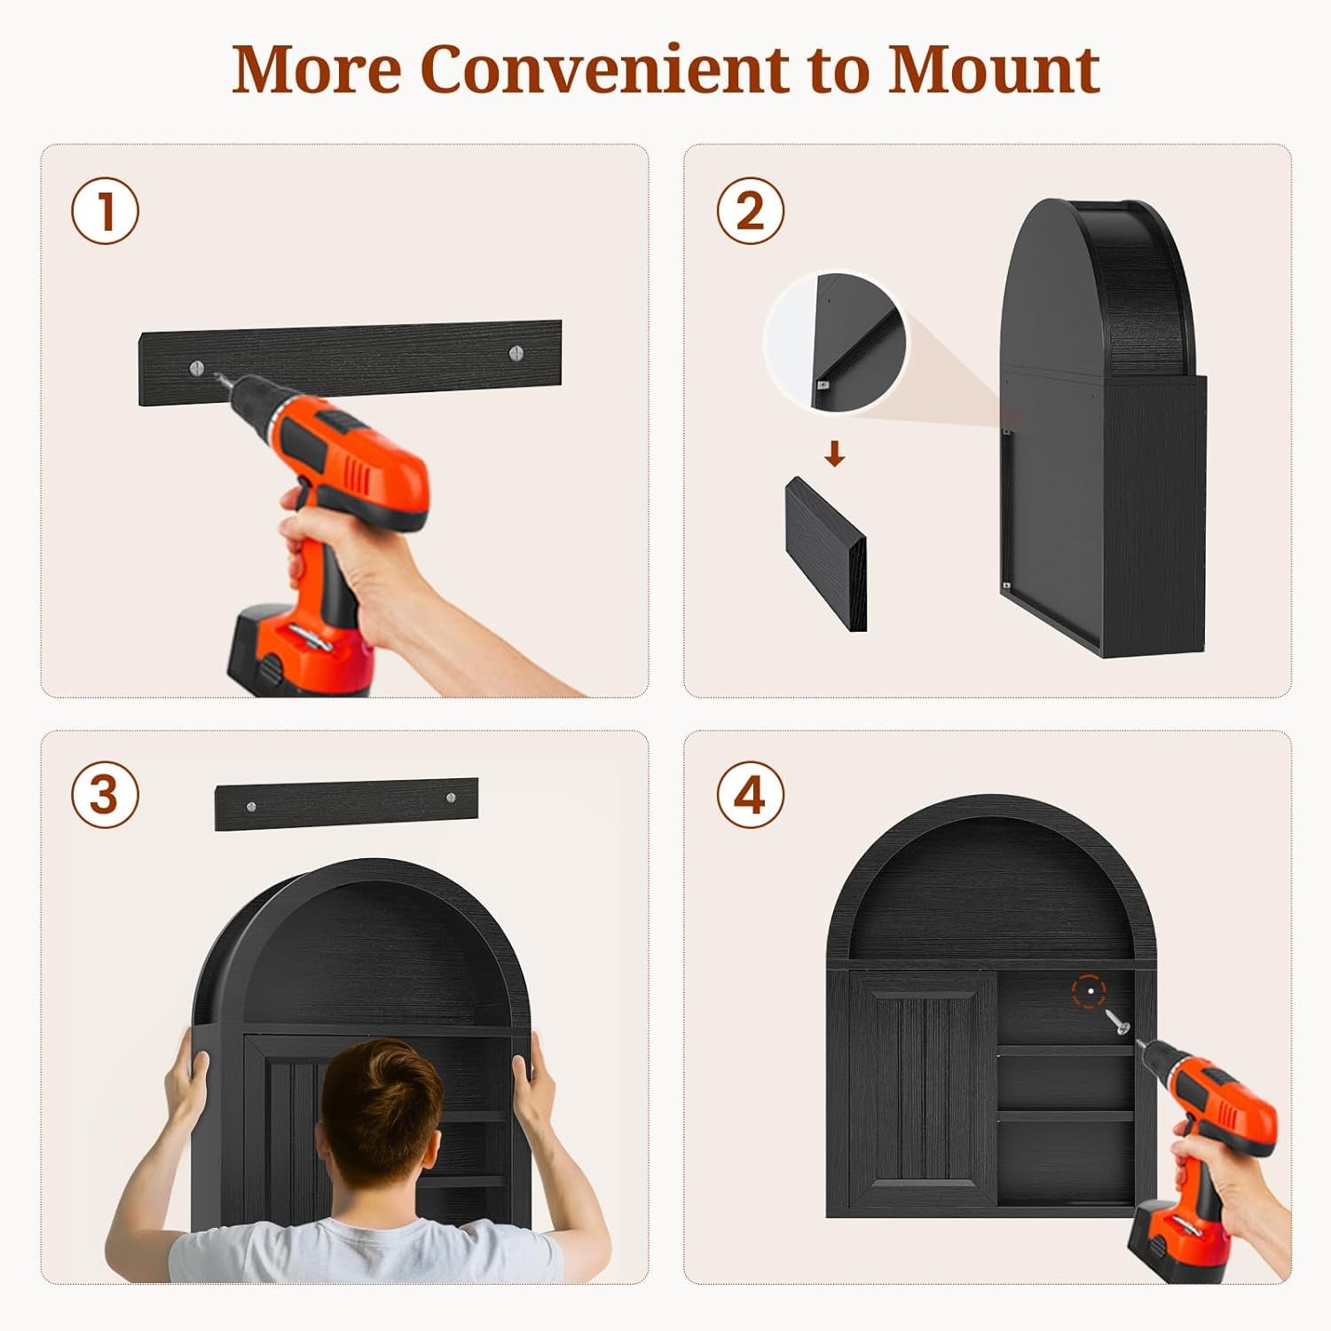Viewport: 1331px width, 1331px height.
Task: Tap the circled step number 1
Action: (106, 212)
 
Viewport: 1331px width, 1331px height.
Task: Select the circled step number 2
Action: (751, 212)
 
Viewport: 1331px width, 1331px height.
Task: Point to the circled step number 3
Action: (106, 794)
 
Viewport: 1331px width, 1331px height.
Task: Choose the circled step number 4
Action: (751, 794)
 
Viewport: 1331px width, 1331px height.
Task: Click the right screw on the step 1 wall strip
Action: (516, 354)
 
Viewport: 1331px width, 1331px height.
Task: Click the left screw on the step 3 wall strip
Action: (252, 806)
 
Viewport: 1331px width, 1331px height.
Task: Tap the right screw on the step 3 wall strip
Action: (450, 798)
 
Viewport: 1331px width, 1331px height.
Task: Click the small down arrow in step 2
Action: (834, 455)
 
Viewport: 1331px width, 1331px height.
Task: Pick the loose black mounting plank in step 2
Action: (826, 555)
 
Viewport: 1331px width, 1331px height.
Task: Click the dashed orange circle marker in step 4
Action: (1089, 990)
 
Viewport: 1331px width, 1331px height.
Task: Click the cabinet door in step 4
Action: (922, 1091)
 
